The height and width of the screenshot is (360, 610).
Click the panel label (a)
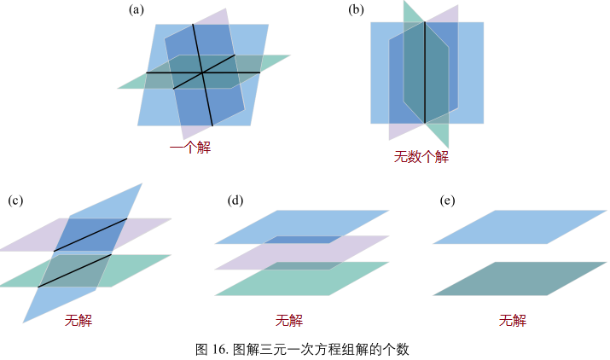(x=135, y=10)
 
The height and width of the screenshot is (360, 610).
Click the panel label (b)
(x=357, y=10)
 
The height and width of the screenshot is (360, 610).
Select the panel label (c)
(x=15, y=200)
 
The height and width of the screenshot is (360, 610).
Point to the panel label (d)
(x=236, y=200)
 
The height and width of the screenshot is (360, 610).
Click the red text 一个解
(x=189, y=148)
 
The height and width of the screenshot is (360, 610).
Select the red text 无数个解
(x=421, y=157)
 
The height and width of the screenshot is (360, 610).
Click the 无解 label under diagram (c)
(x=78, y=321)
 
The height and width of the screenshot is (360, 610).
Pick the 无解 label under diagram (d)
(x=289, y=321)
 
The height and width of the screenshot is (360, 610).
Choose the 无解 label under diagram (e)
(x=513, y=321)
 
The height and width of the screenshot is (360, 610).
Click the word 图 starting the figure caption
(x=202, y=349)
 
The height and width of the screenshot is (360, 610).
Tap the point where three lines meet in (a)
(x=202, y=73)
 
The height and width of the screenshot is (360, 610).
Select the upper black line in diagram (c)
(x=90, y=235)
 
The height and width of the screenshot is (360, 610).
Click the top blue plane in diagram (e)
(x=520, y=226)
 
